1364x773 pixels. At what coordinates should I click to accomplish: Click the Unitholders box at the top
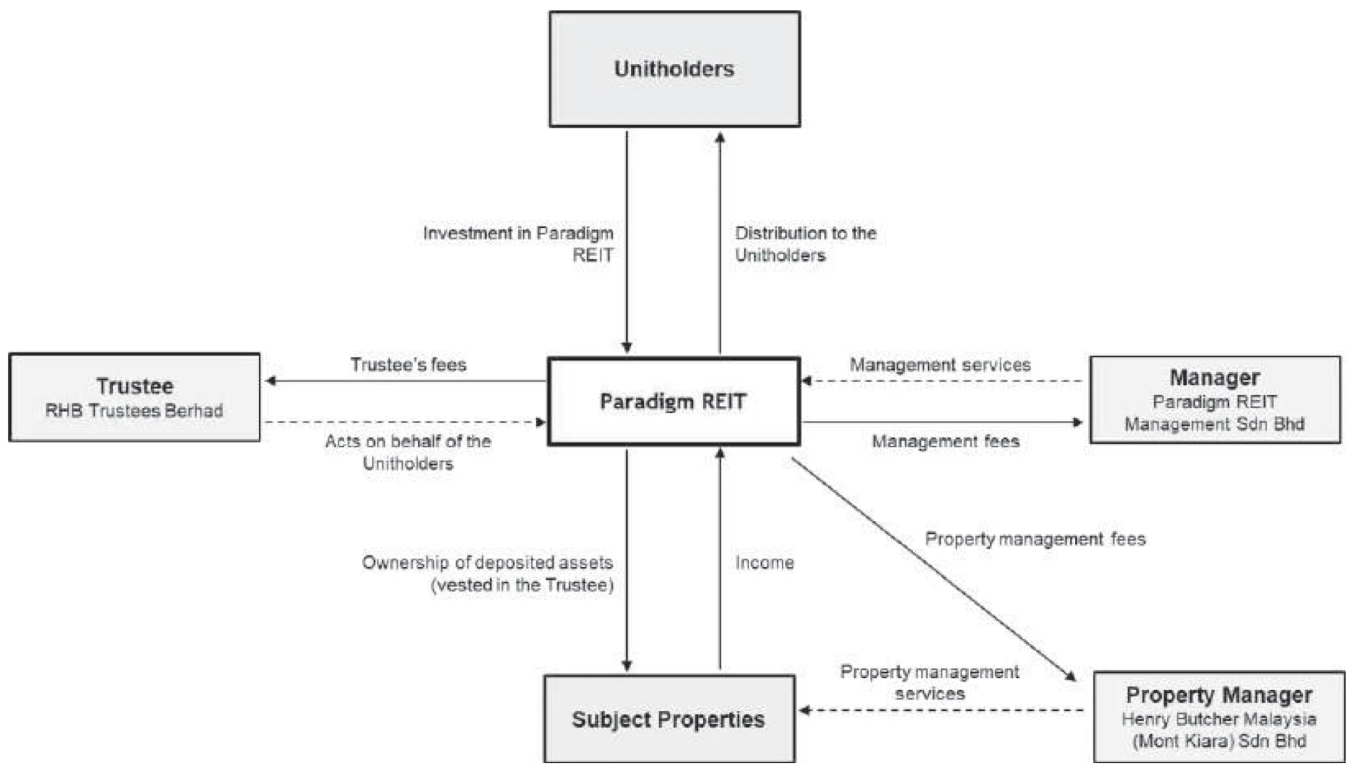[x=674, y=69]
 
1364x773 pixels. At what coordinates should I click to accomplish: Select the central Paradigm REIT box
[x=674, y=401]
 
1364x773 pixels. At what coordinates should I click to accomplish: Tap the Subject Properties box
[x=669, y=719]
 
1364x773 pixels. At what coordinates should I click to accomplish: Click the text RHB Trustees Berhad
[x=134, y=411]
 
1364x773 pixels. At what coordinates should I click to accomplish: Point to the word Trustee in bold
[x=135, y=386]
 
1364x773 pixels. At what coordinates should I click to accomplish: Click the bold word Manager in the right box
[x=1215, y=377]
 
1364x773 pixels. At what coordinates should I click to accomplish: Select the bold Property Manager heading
[x=1219, y=695]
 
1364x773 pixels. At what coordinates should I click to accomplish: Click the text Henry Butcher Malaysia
[x=1219, y=719]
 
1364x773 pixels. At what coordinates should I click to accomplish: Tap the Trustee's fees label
[x=408, y=364]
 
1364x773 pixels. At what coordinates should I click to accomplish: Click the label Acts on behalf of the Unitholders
[x=408, y=452]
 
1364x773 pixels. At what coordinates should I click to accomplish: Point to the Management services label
[x=940, y=364]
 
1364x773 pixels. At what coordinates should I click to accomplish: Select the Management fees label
[x=945, y=441]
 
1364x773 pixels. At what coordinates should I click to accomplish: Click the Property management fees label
[x=1035, y=539]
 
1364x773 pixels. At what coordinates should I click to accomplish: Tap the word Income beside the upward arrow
[x=764, y=562]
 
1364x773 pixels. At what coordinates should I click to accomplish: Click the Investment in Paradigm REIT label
[x=518, y=243]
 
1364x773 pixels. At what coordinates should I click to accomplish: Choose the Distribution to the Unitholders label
[x=805, y=243]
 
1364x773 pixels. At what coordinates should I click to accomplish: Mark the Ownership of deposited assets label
[x=487, y=573]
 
